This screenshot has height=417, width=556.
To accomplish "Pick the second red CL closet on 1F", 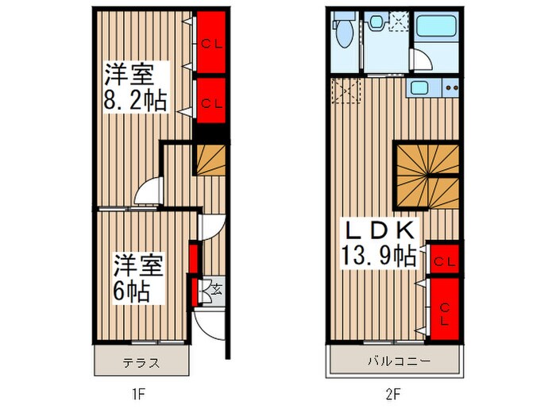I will tap(210, 102).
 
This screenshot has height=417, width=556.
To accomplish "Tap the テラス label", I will tap(142, 365).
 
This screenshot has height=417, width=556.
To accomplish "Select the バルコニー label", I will tap(398, 363).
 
